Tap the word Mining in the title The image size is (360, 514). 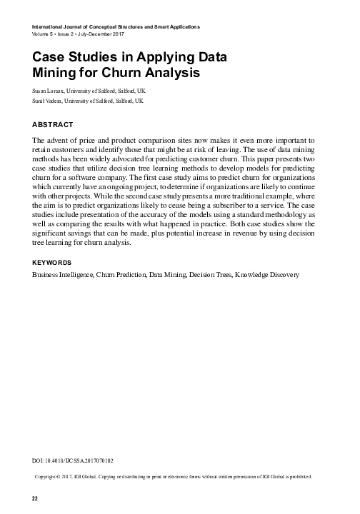[x=56, y=73]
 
